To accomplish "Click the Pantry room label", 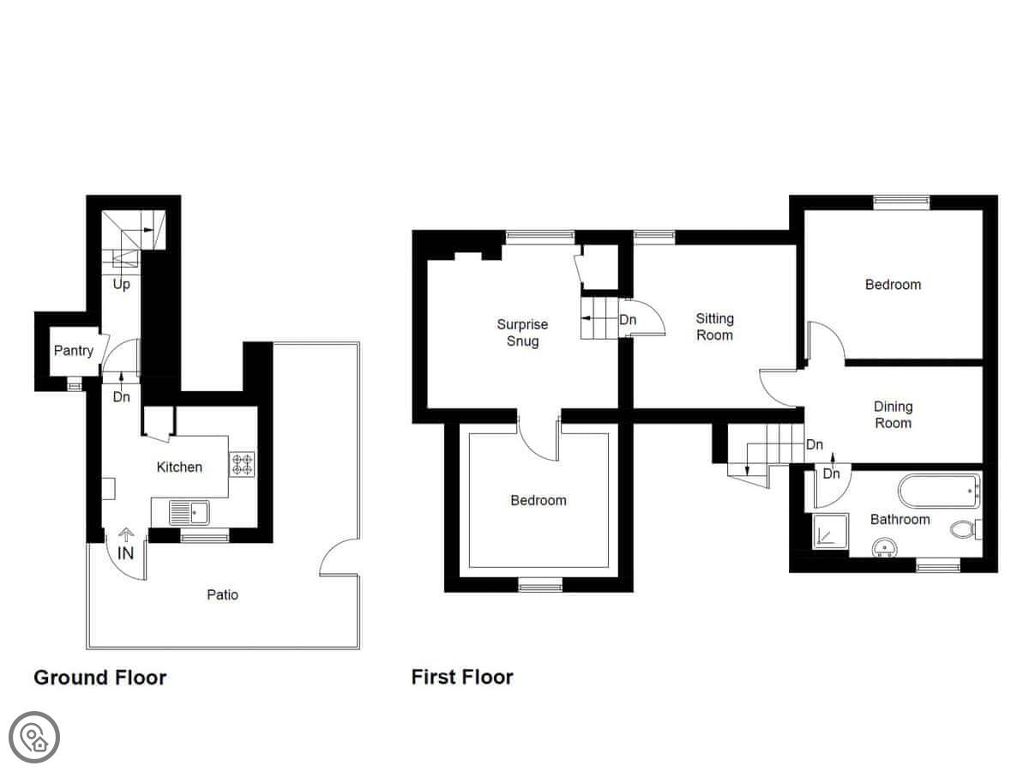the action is pos(73,351).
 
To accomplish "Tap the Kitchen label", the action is pos(179,467).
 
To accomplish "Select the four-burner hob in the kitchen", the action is pos(242,464).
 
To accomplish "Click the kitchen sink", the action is pos(190,512).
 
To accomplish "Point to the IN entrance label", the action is pos(126,553).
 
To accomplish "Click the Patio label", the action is pos(222,594).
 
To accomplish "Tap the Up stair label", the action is pos(122,285).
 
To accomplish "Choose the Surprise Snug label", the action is pos(522,332).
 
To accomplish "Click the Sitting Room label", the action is pos(714,327).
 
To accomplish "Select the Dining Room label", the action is pos(893,415).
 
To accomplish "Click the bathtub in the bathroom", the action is pos(939,491).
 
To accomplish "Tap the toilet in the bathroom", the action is pos(966,529).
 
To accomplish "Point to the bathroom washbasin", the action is pos(884,547).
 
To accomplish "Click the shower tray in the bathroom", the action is pos(830,531).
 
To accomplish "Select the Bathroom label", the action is pos(900,519).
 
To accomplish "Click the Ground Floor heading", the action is pos(99,678).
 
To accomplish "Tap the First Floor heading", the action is pos(462,678).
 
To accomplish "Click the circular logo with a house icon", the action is pos(34,738).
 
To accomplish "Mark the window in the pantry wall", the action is pos(75,386).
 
